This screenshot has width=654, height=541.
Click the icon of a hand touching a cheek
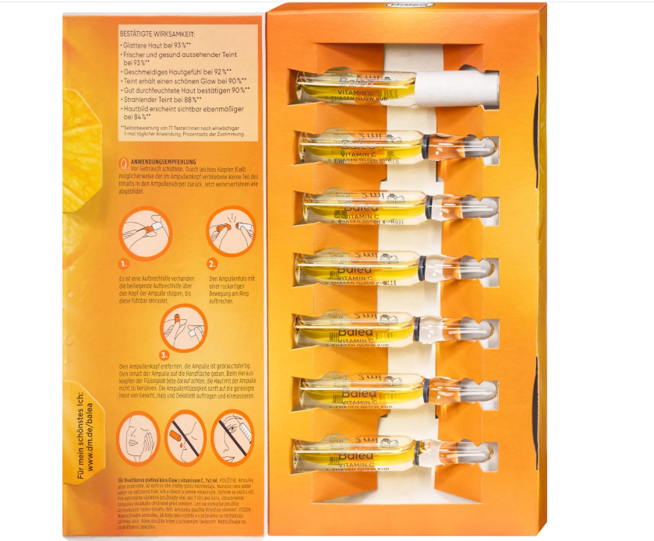(139, 438)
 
